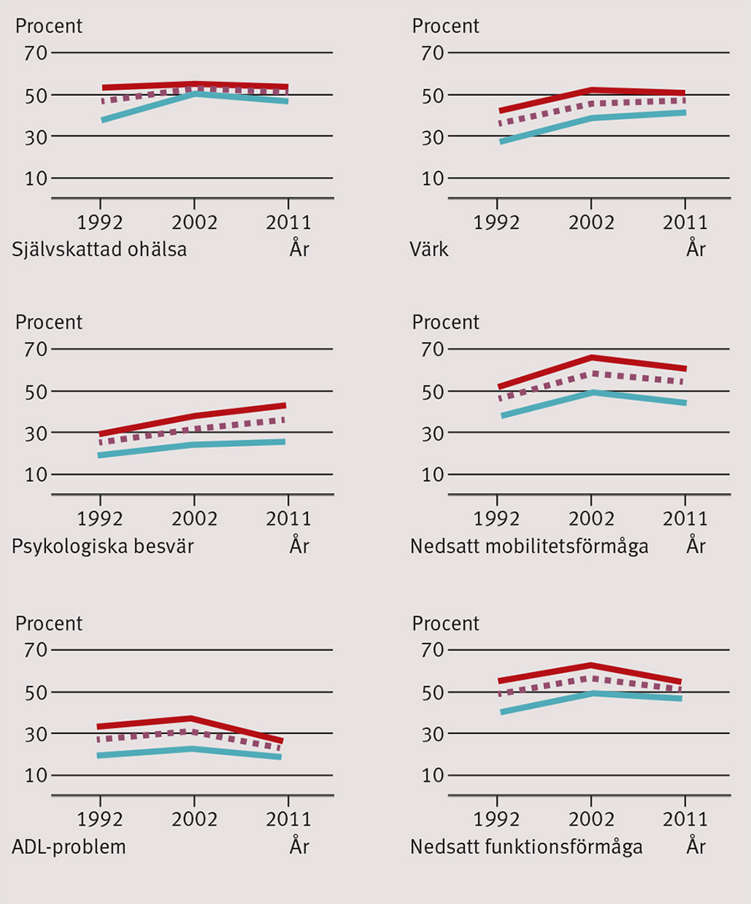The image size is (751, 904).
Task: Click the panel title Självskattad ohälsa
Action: tap(98, 249)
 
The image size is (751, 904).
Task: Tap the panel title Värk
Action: tap(429, 249)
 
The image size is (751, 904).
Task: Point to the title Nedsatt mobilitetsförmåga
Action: tap(528, 546)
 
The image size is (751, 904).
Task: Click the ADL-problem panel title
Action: tap(68, 847)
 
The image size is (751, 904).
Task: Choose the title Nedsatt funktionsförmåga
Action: tap(526, 847)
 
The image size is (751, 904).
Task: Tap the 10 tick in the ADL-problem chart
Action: tap(33, 776)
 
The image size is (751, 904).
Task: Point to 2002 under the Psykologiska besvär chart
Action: tap(194, 519)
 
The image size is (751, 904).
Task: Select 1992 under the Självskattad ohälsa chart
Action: tap(100, 223)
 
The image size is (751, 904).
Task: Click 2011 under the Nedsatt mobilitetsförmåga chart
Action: tap(684, 519)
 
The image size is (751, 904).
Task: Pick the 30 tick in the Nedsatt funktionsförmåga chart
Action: tap(429, 734)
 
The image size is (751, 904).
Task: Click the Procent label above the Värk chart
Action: tap(446, 26)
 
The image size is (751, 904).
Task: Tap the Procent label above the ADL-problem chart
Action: tap(49, 623)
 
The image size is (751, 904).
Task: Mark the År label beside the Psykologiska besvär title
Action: tap(300, 546)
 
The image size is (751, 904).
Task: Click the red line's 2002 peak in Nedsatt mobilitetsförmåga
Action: tap(591, 358)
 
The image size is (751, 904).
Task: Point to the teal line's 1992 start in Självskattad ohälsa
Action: tap(103, 120)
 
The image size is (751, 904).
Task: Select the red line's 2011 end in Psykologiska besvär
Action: tap(285, 406)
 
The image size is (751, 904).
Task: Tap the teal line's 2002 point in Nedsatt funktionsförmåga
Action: tap(591, 693)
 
